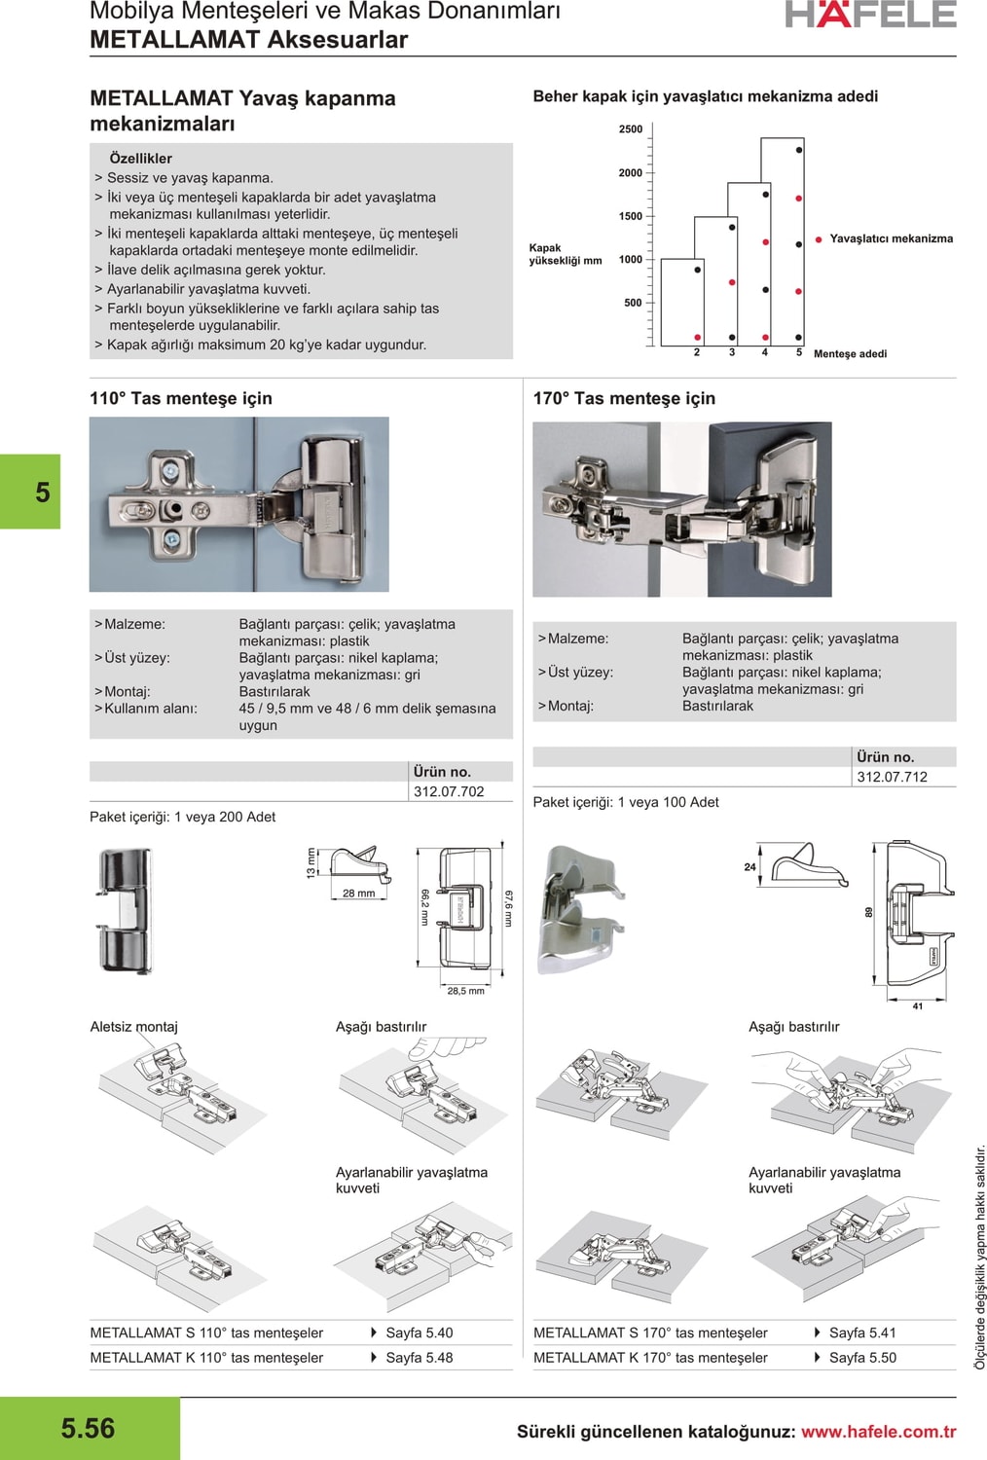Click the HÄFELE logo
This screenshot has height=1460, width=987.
coord(870,15)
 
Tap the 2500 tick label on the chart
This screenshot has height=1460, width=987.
coord(630,129)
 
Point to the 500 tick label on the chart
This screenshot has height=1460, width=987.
coord(633,303)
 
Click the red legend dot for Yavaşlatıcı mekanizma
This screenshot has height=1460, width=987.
coord(819,239)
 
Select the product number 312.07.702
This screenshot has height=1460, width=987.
coord(449,792)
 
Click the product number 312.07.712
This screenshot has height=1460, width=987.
coord(892,778)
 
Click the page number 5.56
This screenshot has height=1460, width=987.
coord(88,1428)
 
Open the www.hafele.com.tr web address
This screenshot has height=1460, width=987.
coord(878,1432)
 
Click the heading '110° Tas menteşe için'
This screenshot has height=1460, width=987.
coord(181,398)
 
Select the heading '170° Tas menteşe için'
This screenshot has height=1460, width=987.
coord(624,398)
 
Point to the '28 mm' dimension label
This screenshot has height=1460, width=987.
coord(358,894)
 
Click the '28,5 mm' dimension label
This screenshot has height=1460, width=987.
coord(465,992)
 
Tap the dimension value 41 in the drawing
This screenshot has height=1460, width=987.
coord(917,1006)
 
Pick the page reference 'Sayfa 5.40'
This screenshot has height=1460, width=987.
coord(419,1333)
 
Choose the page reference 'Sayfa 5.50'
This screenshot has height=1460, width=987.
coord(862,1358)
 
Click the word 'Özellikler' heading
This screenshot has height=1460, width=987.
coord(140,159)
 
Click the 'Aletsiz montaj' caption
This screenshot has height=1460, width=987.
coord(134,1027)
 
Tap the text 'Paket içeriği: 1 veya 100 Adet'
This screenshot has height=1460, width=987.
coord(626,802)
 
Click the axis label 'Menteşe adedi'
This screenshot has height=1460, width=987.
coord(850,354)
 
